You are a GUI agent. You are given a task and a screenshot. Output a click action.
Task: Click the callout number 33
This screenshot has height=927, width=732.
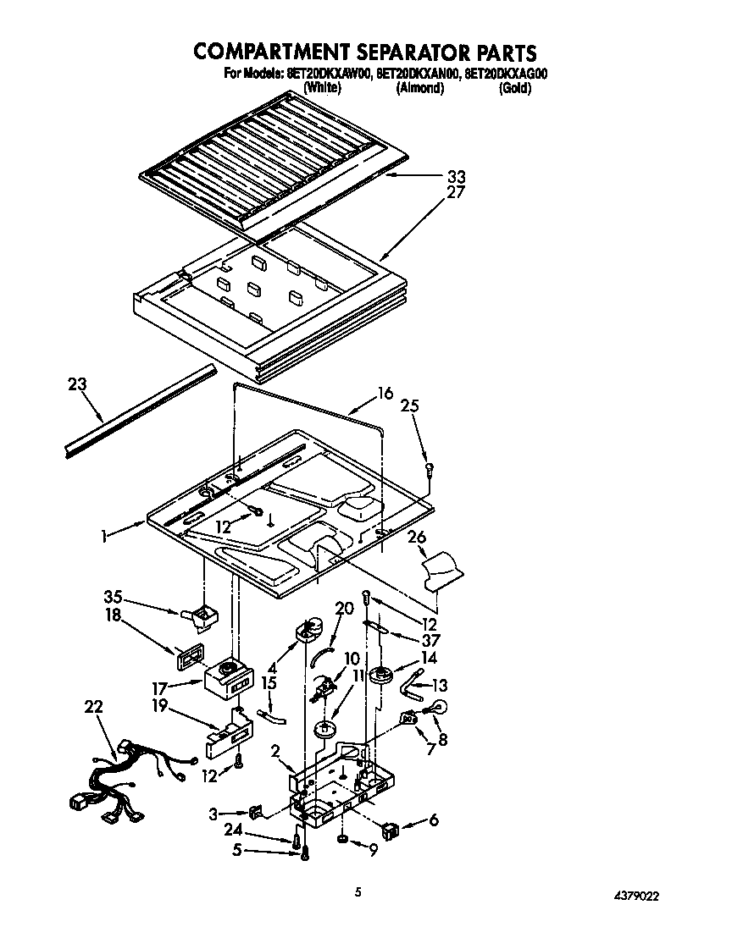click(x=457, y=177)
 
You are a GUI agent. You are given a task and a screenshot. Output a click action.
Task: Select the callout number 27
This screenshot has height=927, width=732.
click(x=457, y=193)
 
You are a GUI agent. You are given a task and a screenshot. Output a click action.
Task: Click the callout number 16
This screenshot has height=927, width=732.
click(x=385, y=393)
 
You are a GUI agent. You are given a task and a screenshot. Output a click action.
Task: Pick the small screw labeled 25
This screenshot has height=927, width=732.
click(x=430, y=465)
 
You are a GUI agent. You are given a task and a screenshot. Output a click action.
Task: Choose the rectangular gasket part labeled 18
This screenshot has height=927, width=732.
click(x=190, y=657)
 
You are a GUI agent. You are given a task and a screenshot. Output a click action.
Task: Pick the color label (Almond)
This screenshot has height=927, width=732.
click(x=419, y=88)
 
